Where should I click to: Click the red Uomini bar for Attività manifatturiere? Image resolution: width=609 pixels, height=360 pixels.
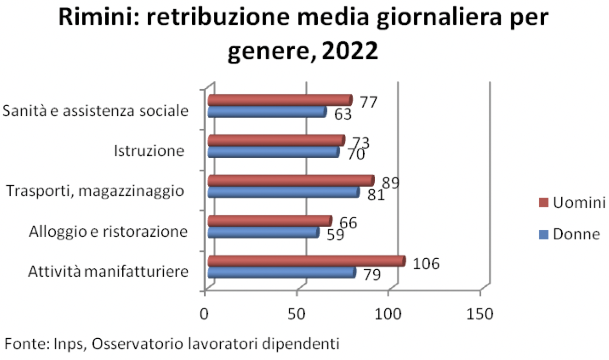click(306, 261)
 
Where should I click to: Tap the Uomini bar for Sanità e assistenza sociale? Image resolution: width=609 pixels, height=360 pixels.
click(280, 100)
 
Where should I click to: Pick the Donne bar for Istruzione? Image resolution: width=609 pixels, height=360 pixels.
click(273, 152)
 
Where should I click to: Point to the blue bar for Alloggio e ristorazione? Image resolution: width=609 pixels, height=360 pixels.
click(263, 232)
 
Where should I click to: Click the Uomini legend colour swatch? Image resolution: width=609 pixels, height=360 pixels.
click(542, 202)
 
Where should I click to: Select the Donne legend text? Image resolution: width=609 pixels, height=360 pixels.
click(576, 235)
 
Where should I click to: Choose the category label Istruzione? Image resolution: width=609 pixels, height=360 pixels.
click(149, 151)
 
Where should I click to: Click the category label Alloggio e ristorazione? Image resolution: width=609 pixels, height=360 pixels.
click(108, 232)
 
